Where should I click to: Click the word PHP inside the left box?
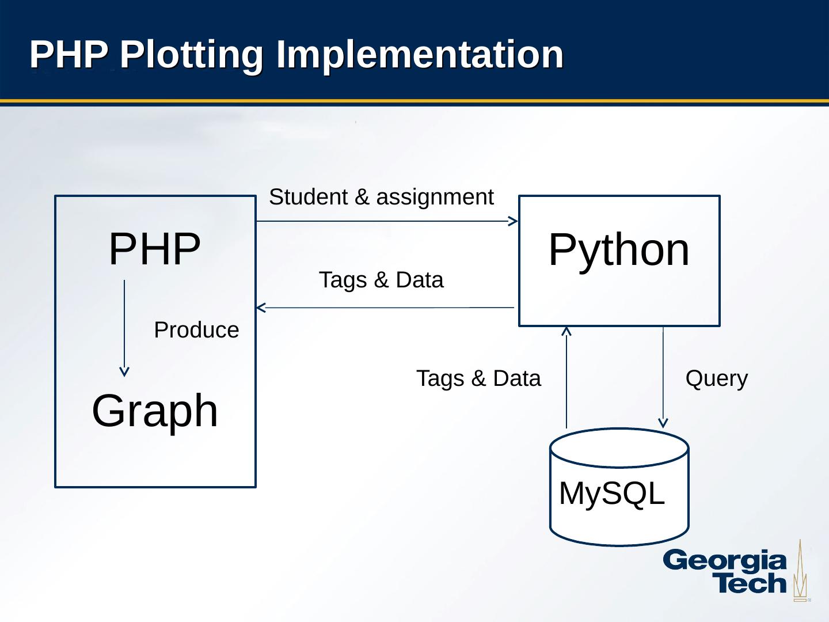tap(154, 249)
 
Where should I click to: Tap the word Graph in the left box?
tap(155, 411)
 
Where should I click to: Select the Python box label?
tap(619, 249)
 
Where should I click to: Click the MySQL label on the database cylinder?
tap(611, 494)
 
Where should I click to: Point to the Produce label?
tap(196, 330)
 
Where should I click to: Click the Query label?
tap(717, 378)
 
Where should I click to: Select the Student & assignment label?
tap(381, 197)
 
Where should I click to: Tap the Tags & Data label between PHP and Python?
tap(381, 280)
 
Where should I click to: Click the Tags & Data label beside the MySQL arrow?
tap(478, 378)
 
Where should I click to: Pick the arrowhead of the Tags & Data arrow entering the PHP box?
tap(261, 308)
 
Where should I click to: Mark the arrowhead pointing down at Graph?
tap(124, 372)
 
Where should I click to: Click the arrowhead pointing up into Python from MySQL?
tap(566, 331)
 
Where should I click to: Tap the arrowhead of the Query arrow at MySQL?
tap(663, 423)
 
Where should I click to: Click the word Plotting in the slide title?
tap(192, 54)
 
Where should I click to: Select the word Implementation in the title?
tap(420, 54)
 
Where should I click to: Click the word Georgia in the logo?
tap(724, 561)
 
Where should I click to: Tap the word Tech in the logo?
tap(750, 583)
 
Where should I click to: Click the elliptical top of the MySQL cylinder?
tap(619, 447)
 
